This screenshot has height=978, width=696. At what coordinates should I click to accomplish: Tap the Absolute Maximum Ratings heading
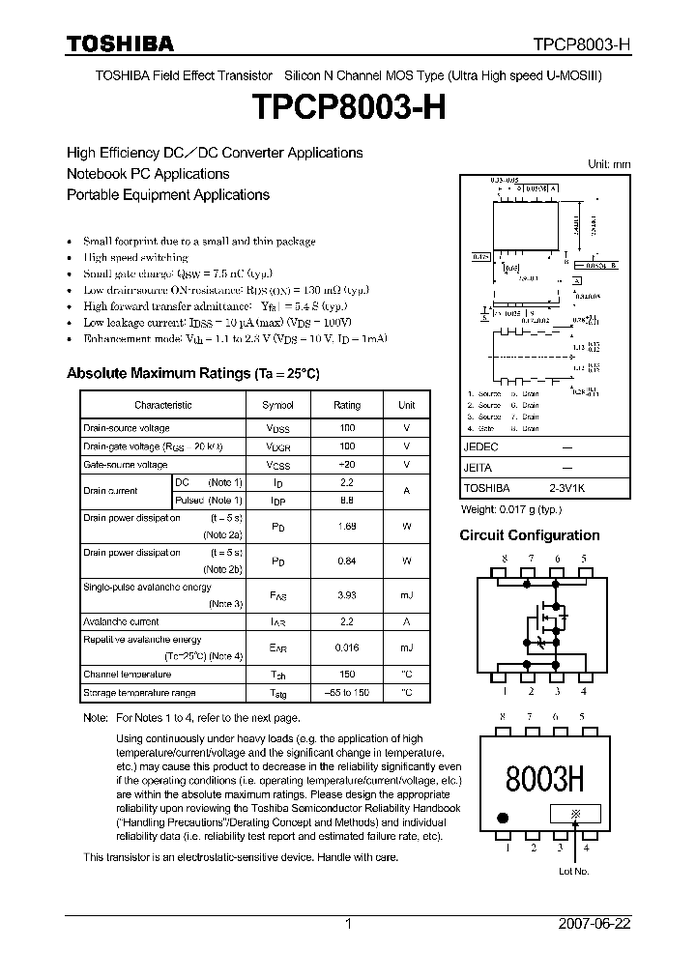click(x=192, y=373)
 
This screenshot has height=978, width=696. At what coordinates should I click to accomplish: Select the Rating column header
click(x=347, y=405)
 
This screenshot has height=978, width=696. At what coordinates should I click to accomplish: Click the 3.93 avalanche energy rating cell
click(x=347, y=595)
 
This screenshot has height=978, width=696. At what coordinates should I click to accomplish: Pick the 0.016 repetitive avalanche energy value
click(x=347, y=647)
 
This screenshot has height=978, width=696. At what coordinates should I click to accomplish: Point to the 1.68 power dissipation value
click(x=347, y=527)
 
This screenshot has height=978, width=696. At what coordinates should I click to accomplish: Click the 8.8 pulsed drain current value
click(x=347, y=500)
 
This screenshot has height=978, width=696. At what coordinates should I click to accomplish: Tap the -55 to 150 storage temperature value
click(x=347, y=693)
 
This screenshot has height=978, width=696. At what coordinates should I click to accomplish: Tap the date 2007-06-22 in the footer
click(x=594, y=924)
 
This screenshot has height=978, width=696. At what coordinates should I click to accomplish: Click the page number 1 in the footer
click(x=348, y=924)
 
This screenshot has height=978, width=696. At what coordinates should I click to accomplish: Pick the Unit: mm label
click(x=609, y=164)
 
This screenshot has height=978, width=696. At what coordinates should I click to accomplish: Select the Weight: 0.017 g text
click(x=510, y=509)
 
